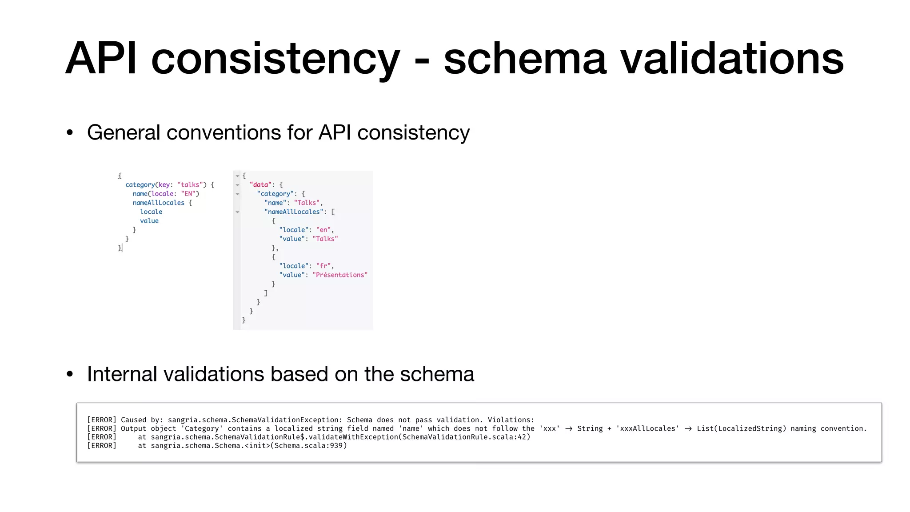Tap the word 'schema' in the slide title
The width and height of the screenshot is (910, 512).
click(524, 59)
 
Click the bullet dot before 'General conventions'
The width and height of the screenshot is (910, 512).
click(69, 132)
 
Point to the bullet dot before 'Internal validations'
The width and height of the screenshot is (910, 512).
click(69, 374)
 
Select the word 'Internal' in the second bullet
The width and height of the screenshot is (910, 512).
click(122, 374)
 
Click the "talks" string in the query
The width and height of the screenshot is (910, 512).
click(190, 185)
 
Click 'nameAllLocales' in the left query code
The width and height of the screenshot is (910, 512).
click(158, 203)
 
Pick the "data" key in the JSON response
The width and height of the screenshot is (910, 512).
click(260, 185)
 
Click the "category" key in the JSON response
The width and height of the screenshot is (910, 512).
click(275, 194)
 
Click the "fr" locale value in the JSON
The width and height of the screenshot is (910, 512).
click(323, 266)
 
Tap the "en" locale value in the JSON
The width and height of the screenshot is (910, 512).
click(323, 230)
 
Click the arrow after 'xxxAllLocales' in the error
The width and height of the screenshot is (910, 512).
click(688, 428)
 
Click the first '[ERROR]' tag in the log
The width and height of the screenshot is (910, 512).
click(101, 420)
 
